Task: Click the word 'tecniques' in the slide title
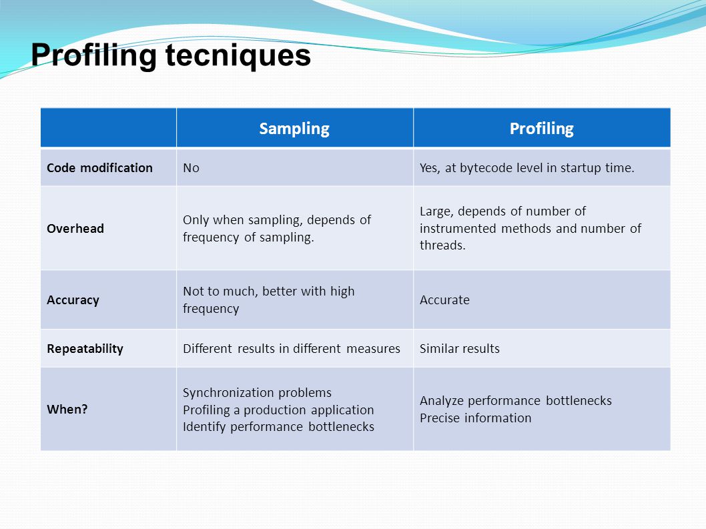pyautogui.click(x=238, y=56)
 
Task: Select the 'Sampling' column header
pyautogui.click(x=294, y=129)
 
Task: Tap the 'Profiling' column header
pyautogui.click(x=542, y=129)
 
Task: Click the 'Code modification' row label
pyautogui.click(x=99, y=168)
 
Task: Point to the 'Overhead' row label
pyautogui.click(x=75, y=229)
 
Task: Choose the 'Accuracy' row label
pyautogui.click(x=73, y=300)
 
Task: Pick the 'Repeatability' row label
pyautogui.click(x=85, y=349)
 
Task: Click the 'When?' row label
pyautogui.click(x=67, y=409)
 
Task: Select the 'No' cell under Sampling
pyautogui.click(x=191, y=168)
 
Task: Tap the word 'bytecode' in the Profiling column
pyautogui.click(x=486, y=168)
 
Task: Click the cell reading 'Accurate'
pyautogui.click(x=444, y=300)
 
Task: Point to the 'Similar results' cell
pyautogui.click(x=460, y=349)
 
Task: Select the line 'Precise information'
pyautogui.click(x=476, y=418)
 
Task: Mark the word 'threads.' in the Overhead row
pyautogui.click(x=442, y=245)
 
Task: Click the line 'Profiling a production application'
pyautogui.click(x=278, y=410)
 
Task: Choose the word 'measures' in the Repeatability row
pyautogui.click(x=373, y=349)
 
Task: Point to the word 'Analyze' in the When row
pyautogui.click(x=441, y=401)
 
